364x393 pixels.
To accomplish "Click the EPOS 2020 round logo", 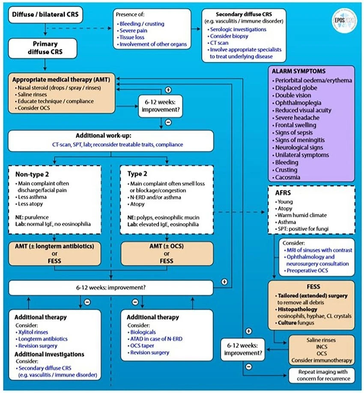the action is tap(344, 20).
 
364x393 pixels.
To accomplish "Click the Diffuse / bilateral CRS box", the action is tap(45, 15).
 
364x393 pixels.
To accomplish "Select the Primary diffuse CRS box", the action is tap(43, 48).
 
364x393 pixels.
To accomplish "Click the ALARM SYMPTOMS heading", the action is tap(298, 71).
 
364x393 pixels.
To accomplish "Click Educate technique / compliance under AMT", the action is tap(54, 101).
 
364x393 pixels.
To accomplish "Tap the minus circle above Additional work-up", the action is tap(168, 122).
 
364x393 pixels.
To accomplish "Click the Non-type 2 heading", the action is tap(32, 174).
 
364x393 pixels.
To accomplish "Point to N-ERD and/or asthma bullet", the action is tap(154, 197).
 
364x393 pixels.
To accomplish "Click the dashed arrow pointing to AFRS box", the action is tap(239, 212).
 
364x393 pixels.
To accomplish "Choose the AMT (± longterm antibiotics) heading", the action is tap(54, 246).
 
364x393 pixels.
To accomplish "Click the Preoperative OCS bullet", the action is tap(306, 271).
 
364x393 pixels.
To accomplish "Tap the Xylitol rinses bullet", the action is tap(32, 332).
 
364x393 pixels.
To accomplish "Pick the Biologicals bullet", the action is tap(142, 332).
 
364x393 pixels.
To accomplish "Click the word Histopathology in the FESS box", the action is tap(297, 309).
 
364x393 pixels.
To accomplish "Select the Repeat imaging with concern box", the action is tap(322, 375).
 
